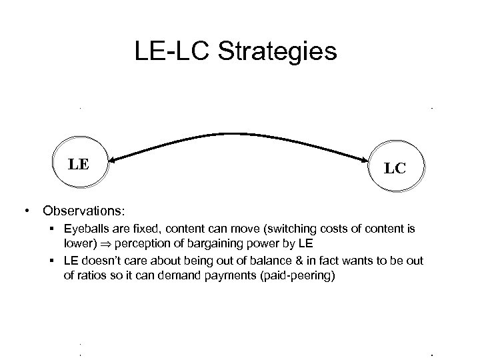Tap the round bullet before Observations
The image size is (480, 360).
click(x=26, y=211)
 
